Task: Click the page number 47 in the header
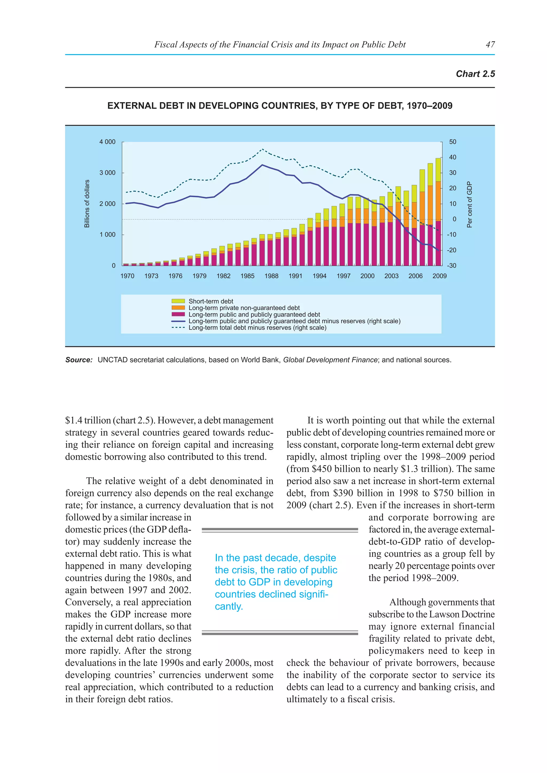(490, 44)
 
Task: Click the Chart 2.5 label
(475, 74)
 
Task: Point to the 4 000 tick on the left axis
(107, 142)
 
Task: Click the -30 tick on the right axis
(451, 266)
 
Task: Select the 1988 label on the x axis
(271, 276)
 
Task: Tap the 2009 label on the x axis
(439, 276)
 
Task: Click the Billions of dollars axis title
(87, 204)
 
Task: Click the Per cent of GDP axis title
(469, 205)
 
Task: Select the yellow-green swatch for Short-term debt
(178, 301)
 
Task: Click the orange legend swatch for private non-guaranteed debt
(178, 308)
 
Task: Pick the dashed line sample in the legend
(178, 328)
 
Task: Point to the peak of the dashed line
(262, 149)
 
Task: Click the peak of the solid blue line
(262, 165)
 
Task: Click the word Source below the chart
(79, 360)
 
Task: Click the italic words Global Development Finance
(330, 360)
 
